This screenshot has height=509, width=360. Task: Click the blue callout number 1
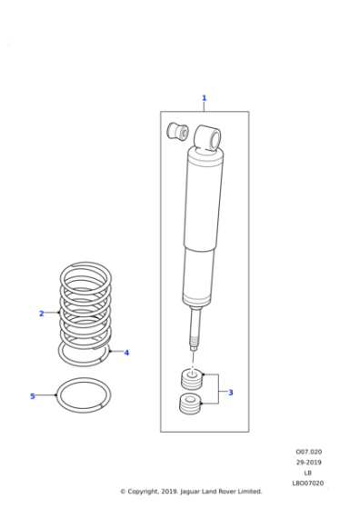click(x=204, y=98)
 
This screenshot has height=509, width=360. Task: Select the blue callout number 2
click(x=41, y=314)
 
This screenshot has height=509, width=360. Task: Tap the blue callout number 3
click(x=230, y=393)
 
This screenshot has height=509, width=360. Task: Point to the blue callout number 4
click(x=126, y=353)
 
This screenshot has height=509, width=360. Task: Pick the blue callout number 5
click(x=32, y=396)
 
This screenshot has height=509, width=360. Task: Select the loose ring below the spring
click(x=85, y=396)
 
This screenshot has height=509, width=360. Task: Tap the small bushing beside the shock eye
click(x=176, y=133)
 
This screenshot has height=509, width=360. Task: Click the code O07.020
click(x=308, y=452)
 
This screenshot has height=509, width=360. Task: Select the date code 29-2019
click(x=308, y=463)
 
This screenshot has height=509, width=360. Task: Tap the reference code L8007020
click(x=307, y=484)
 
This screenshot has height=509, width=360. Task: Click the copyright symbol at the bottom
click(x=124, y=492)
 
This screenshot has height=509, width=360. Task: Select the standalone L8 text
click(x=308, y=473)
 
